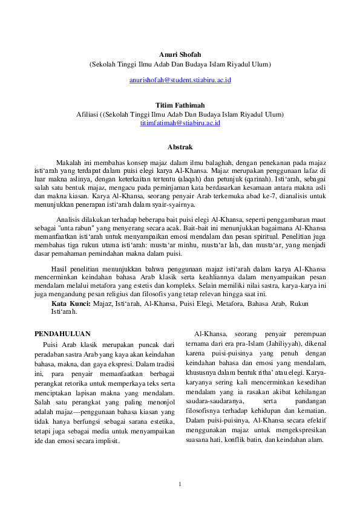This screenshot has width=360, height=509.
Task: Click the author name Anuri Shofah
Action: [x=180, y=54]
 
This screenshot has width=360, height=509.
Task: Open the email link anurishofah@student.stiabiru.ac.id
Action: [x=180, y=80]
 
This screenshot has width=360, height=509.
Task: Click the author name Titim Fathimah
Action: [x=180, y=105]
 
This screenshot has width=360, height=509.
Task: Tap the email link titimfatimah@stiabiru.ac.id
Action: [x=180, y=123]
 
